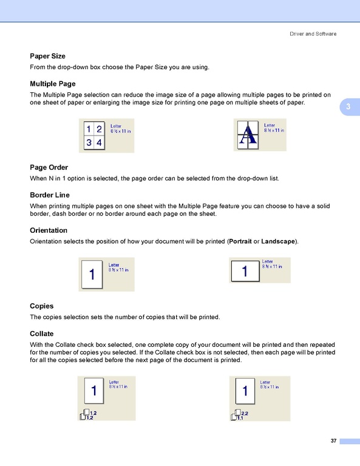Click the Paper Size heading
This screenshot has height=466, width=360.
pyautogui.click(x=47, y=56)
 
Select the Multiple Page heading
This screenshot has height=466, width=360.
pyautogui.click(x=53, y=84)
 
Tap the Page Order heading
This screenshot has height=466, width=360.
pyautogui.click(x=49, y=167)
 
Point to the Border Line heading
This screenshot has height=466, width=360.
pyautogui.click(x=50, y=195)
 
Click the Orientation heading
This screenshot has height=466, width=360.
pyautogui.click(x=49, y=230)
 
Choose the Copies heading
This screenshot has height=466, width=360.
pyautogui.click(x=41, y=306)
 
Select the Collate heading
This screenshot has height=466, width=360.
pyautogui.click(x=41, y=334)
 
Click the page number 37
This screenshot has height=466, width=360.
pyautogui.click(x=333, y=440)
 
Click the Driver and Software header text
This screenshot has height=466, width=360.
pyautogui.click(x=313, y=34)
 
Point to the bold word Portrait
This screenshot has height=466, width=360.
pyautogui.click(x=240, y=241)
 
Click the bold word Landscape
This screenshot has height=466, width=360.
pyautogui.click(x=278, y=241)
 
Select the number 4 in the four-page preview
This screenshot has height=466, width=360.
pyautogui.click(x=99, y=143)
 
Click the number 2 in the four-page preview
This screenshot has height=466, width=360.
pyautogui.click(x=99, y=129)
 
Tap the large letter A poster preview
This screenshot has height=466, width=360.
pyautogui.click(x=248, y=135)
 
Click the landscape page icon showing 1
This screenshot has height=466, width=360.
pyautogui.click(x=245, y=271)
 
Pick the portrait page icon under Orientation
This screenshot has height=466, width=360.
pyautogui.click(x=92, y=275)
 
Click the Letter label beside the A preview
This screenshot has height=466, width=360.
pyautogui.click(x=270, y=125)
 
